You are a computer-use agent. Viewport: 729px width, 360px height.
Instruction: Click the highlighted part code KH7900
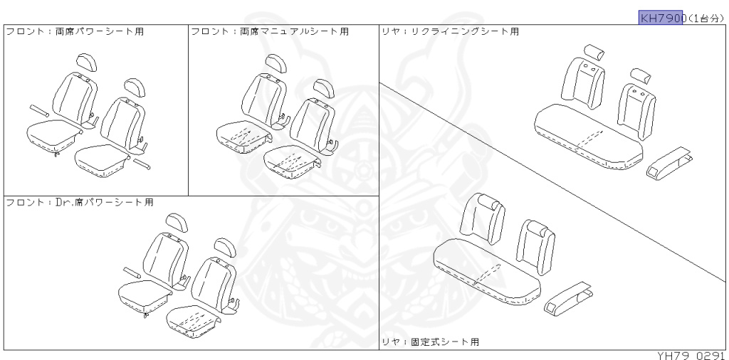(661, 17)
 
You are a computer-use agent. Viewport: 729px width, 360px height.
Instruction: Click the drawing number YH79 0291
(689, 354)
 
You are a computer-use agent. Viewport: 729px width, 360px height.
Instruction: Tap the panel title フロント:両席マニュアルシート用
(270, 32)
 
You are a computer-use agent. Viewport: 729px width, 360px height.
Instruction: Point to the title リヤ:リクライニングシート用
(450, 32)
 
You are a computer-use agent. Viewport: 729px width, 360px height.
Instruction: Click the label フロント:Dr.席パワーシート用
(80, 202)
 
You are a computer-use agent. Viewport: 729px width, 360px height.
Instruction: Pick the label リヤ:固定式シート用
(430, 342)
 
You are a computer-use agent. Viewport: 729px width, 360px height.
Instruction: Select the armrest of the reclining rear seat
(669, 162)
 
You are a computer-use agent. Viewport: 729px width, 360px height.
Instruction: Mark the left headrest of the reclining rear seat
(594, 52)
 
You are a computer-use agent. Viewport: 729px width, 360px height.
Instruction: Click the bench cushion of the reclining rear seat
(587, 139)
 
